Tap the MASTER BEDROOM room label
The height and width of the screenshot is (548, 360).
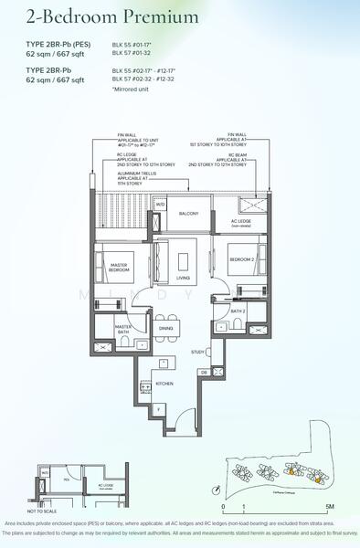(x=115, y=268)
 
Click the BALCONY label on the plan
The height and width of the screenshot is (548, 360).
(x=188, y=213)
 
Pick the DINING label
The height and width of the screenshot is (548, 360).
(x=166, y=328)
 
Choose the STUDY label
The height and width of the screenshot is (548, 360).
(x=197, y=352)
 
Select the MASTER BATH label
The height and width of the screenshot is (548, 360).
(x=124, y=329)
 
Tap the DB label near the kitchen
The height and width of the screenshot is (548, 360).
(x=203, y=373)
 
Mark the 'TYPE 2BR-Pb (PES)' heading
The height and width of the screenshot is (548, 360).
(x=57, y=43)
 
